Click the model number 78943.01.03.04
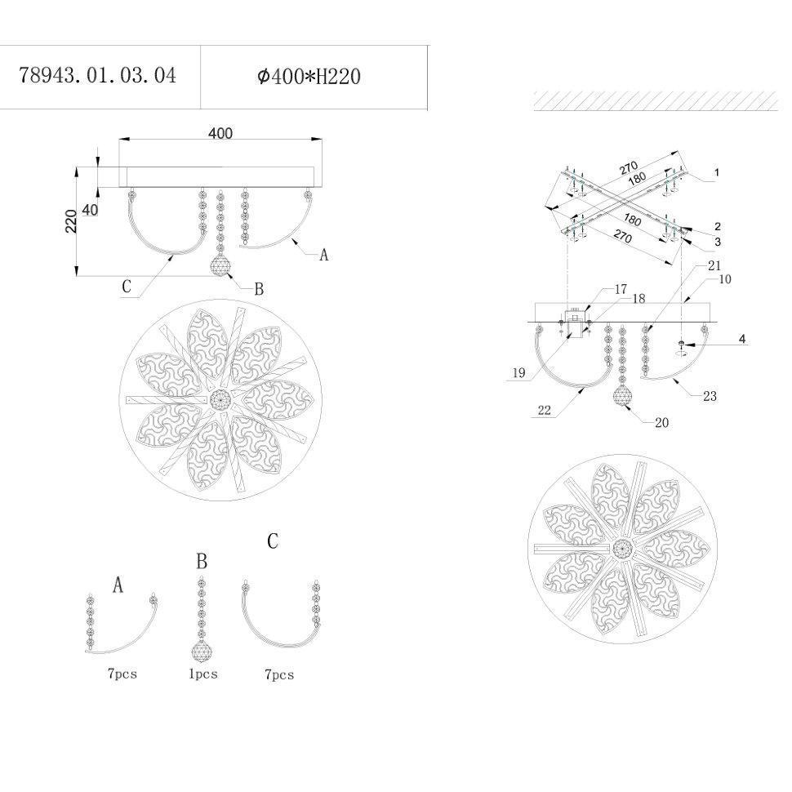(x=97, y=76)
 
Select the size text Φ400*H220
(x=309, y=77)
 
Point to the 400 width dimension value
(x=220, y=133)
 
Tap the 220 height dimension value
(x=71, y=221)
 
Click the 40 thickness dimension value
(x=90, y=210)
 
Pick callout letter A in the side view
(x=324, y=255)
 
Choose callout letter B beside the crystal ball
(x=259, y=289)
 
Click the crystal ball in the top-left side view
(x=220, y=265)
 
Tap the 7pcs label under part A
(x=122, y=674)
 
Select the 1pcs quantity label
(x=203, y=674)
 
